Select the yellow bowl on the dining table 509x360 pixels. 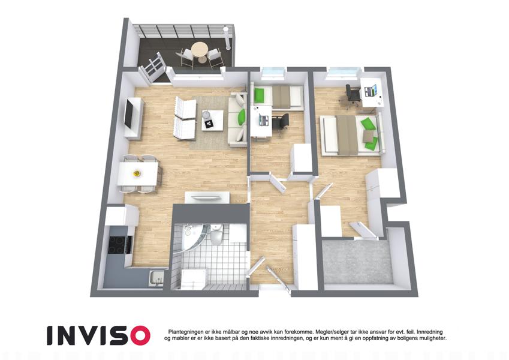tap(137, 173)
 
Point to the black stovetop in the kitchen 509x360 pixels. tap(116, 244)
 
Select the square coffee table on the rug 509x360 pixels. tap(213, 120)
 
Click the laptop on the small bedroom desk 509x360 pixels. tap(264, 119)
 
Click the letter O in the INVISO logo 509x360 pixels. tap(138, 335)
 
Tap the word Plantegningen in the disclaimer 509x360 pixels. tap(186, 332)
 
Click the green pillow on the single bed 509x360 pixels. tap(260, 95)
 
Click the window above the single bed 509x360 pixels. tap(273, 72)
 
